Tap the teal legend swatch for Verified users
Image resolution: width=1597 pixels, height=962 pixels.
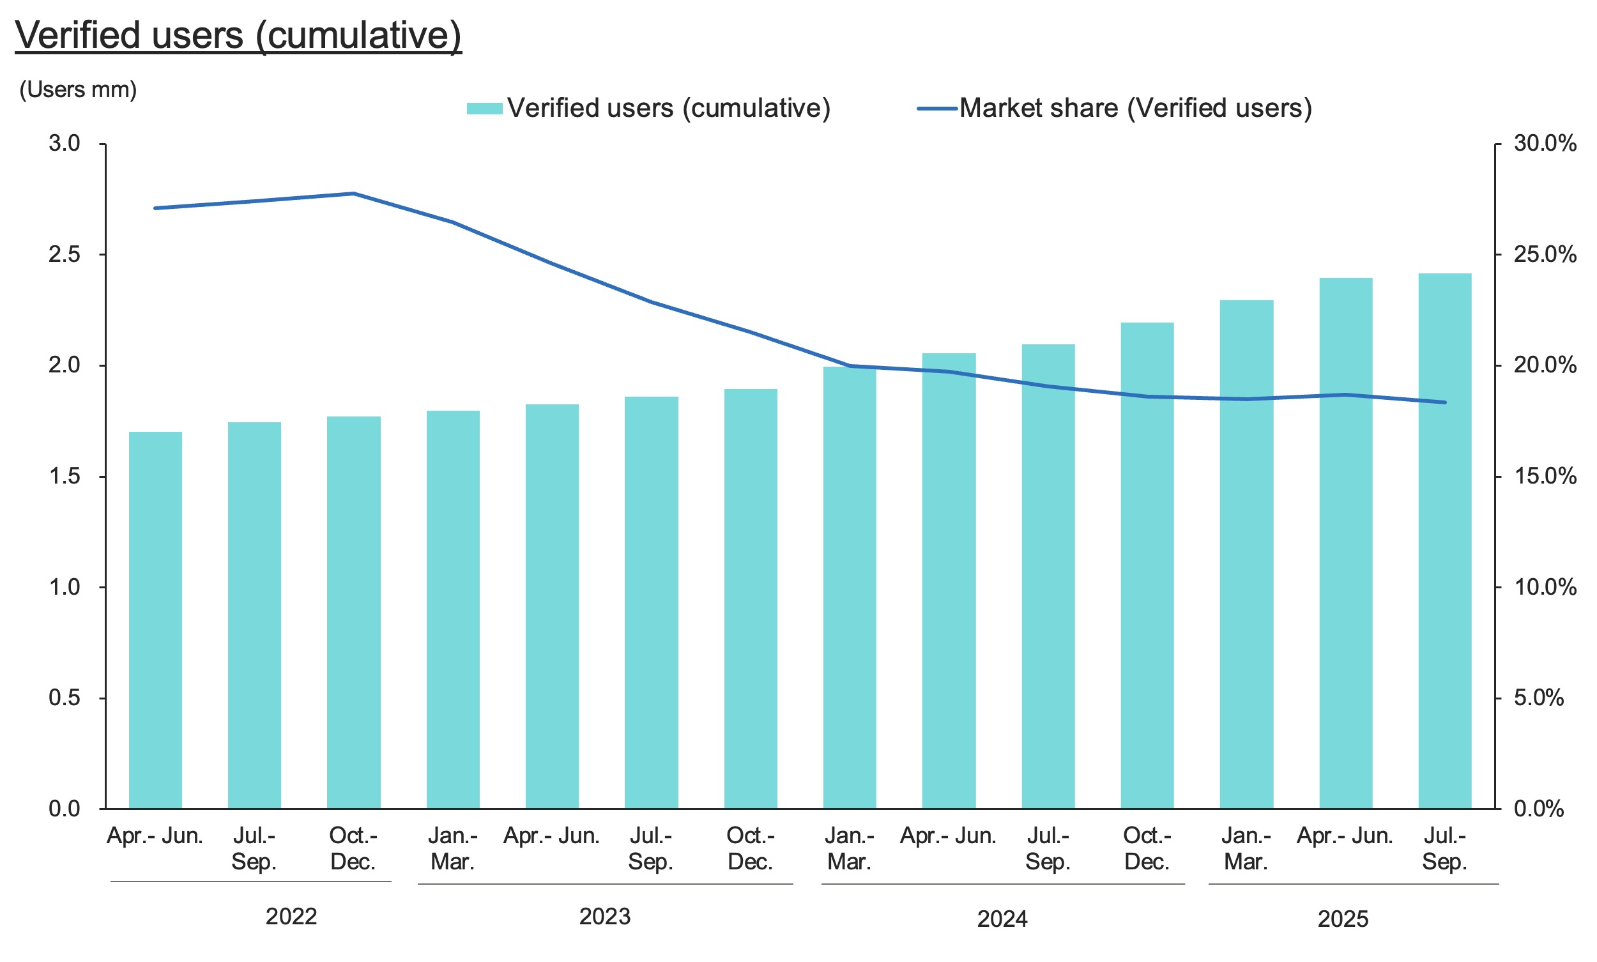pos(484,109)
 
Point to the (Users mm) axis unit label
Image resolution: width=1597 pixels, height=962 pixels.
pos(78,89)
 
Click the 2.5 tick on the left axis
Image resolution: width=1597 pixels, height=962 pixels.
pos(64,255)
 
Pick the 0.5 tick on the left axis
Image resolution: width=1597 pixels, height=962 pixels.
pos(64,698)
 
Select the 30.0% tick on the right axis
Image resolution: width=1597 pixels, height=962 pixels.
pos(1545,144)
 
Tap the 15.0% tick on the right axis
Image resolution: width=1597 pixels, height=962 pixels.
pos(1545,477)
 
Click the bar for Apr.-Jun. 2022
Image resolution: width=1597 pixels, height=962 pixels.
pos(156,620)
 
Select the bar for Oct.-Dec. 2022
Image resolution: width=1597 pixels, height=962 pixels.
pos(354,612)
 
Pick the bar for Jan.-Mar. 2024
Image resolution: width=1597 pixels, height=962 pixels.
pos(850,587)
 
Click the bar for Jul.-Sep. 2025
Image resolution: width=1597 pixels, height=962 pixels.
pos(1445,540)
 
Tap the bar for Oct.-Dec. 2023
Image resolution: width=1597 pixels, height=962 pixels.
pos(751,599)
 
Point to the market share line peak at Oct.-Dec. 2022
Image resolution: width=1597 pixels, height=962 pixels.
pos(354,193)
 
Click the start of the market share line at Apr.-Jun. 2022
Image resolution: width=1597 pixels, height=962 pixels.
pos(156,208)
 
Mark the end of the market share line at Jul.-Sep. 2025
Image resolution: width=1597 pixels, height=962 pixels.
pos(1445,402)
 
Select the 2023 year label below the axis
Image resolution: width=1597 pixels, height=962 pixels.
pos(605,917)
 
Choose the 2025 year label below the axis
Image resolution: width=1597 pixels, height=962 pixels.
pos(1343,919)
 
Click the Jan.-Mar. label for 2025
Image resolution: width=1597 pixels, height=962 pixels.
pos(1246,848)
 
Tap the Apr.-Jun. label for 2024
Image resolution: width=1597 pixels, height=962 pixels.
pos(948,836)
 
